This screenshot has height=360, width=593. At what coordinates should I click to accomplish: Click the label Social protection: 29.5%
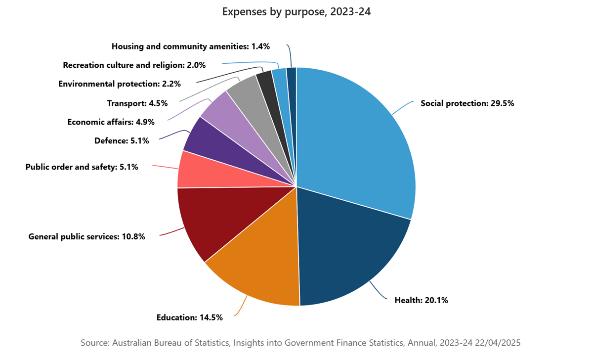tap(467, 104)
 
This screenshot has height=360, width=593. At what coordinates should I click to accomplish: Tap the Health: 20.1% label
tap(421, 300)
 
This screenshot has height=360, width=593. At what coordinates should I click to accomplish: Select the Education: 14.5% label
tap(189, 317)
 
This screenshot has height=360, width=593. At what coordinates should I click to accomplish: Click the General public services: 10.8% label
tap(86, 236)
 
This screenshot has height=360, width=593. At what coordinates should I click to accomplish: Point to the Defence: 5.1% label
tap(122, 141)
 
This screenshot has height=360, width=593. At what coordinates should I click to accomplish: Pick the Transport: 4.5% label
tap(137, 103)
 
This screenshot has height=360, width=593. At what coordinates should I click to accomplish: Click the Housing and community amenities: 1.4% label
tap(190, 46)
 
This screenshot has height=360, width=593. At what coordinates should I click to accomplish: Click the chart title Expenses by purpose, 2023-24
tap(296, 12)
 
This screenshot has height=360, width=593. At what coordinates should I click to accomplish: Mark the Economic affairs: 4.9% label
tap(111, 122)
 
